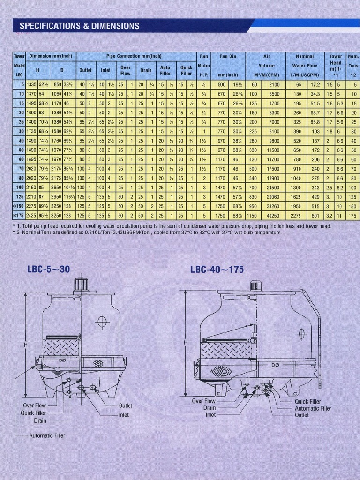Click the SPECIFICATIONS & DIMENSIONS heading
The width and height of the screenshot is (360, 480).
[x=80, y=26]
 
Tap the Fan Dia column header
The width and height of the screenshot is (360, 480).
[x=228, y=56]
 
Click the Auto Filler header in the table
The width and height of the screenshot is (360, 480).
[x=165, y=70]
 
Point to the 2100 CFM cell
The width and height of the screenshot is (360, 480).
[x=274, y=85]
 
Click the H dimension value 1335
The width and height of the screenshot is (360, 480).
[x=31, y=85]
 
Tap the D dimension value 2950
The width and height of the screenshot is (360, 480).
[x=56, y=197]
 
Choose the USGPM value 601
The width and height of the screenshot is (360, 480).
[x=315, y=216]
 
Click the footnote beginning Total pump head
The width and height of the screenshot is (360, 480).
[x=173, y=226]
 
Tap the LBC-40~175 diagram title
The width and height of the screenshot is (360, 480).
[x=217, y=270]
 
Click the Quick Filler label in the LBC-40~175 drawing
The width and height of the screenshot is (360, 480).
[x=307, y=402]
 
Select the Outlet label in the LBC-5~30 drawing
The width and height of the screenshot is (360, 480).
[x=125, y=406]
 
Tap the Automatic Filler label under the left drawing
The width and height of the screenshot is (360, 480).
[x=47, y=435]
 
